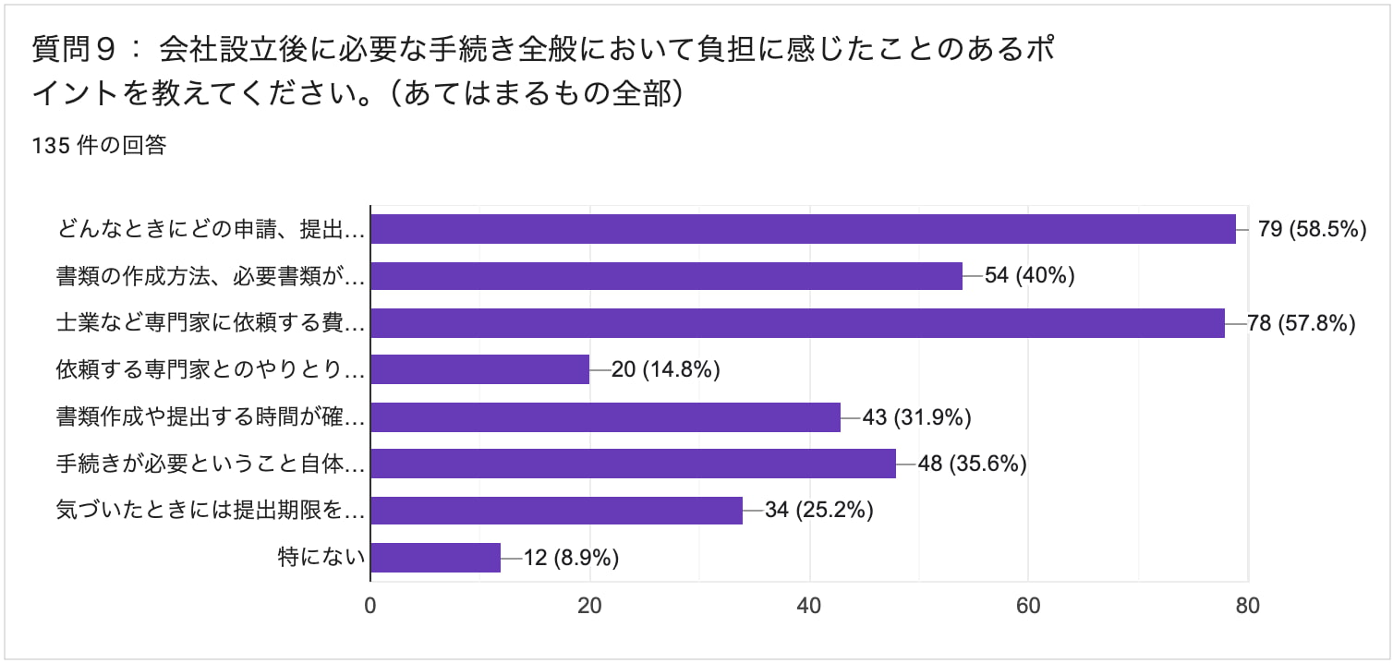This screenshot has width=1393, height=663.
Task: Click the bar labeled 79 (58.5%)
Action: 803,229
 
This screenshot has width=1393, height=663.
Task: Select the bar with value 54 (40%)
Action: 666,276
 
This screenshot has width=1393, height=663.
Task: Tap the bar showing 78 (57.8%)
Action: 797,323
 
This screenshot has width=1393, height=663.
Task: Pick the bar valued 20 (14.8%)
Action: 479,370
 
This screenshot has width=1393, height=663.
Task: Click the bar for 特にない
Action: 435,558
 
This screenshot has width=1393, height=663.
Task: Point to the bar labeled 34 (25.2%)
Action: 556,511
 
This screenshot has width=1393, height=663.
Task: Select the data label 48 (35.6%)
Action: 972,464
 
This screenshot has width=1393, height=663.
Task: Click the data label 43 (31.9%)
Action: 916,417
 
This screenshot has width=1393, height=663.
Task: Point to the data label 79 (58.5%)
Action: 1312,229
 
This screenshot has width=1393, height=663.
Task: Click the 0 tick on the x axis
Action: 370,606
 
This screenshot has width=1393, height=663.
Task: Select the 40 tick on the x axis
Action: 809,606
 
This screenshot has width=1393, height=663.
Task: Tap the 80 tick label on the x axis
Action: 1247,606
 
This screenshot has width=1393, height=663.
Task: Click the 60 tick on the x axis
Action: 1028,606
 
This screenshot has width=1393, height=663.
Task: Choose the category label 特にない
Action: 321,558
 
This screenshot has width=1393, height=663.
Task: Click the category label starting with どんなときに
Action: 211,229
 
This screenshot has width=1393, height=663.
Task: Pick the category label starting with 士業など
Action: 211,323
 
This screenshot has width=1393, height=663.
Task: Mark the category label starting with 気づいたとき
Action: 211,511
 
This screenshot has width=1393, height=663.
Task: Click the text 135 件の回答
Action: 99,146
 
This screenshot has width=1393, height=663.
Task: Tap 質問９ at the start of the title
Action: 74,49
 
